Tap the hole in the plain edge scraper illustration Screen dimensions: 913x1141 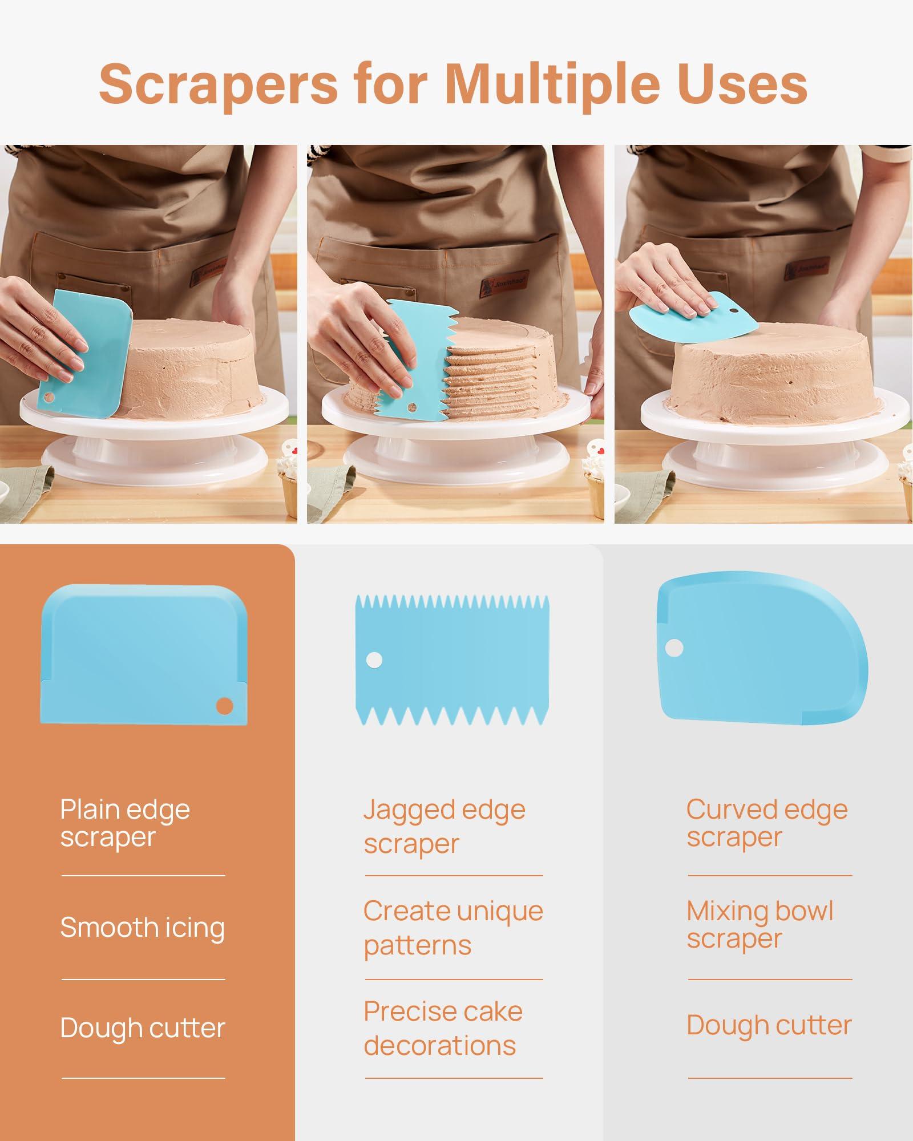coord(224,706)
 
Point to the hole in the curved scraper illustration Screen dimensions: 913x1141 coord(674,648)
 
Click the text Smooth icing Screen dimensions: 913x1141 coord(143,928)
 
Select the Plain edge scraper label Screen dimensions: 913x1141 coord(125,823)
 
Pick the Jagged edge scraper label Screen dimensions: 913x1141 coord(445,826)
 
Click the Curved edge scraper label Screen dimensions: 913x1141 coord(767,823)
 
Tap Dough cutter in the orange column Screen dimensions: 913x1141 coord(143,1027)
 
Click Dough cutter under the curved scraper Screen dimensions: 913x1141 coord(769,1025)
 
